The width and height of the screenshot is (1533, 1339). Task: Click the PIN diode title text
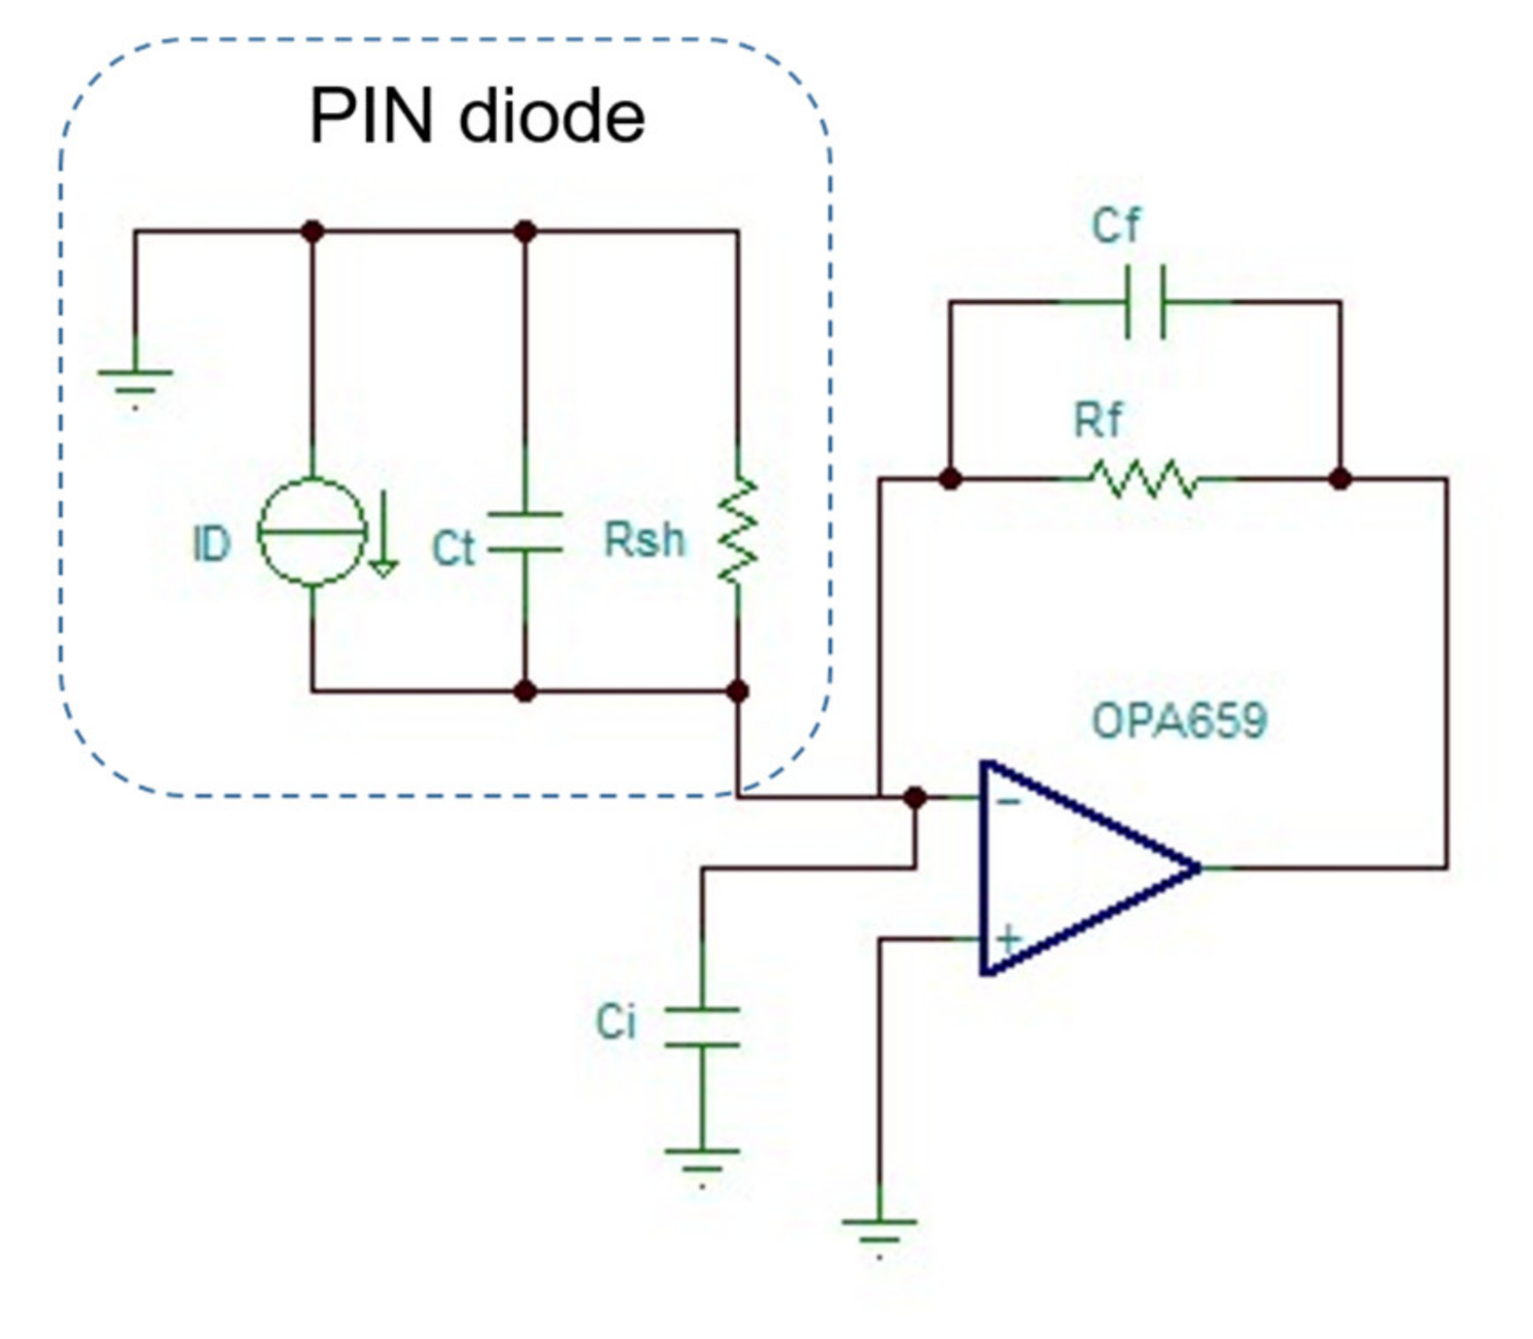476,116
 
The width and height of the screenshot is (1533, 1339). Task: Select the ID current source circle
311,532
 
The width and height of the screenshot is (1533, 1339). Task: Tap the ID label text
212,544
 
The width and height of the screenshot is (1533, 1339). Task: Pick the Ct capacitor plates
525,532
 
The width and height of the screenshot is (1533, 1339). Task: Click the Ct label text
453,549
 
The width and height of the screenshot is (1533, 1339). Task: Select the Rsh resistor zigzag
737,531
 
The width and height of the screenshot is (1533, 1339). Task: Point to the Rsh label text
644,540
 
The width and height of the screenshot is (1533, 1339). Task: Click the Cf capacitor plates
1145,302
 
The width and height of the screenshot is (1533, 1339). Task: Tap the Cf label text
1116,226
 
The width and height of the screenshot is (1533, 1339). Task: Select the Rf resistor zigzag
1145,479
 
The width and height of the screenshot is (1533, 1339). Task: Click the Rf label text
1098,420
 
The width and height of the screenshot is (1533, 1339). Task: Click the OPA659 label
1179,721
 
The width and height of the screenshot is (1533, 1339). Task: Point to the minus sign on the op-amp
1009,801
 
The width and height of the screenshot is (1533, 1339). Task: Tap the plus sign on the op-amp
1008,939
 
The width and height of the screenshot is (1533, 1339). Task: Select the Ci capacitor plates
702,1027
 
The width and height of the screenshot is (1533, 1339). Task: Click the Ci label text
616,1022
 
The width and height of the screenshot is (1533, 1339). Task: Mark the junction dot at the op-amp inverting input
915,797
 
